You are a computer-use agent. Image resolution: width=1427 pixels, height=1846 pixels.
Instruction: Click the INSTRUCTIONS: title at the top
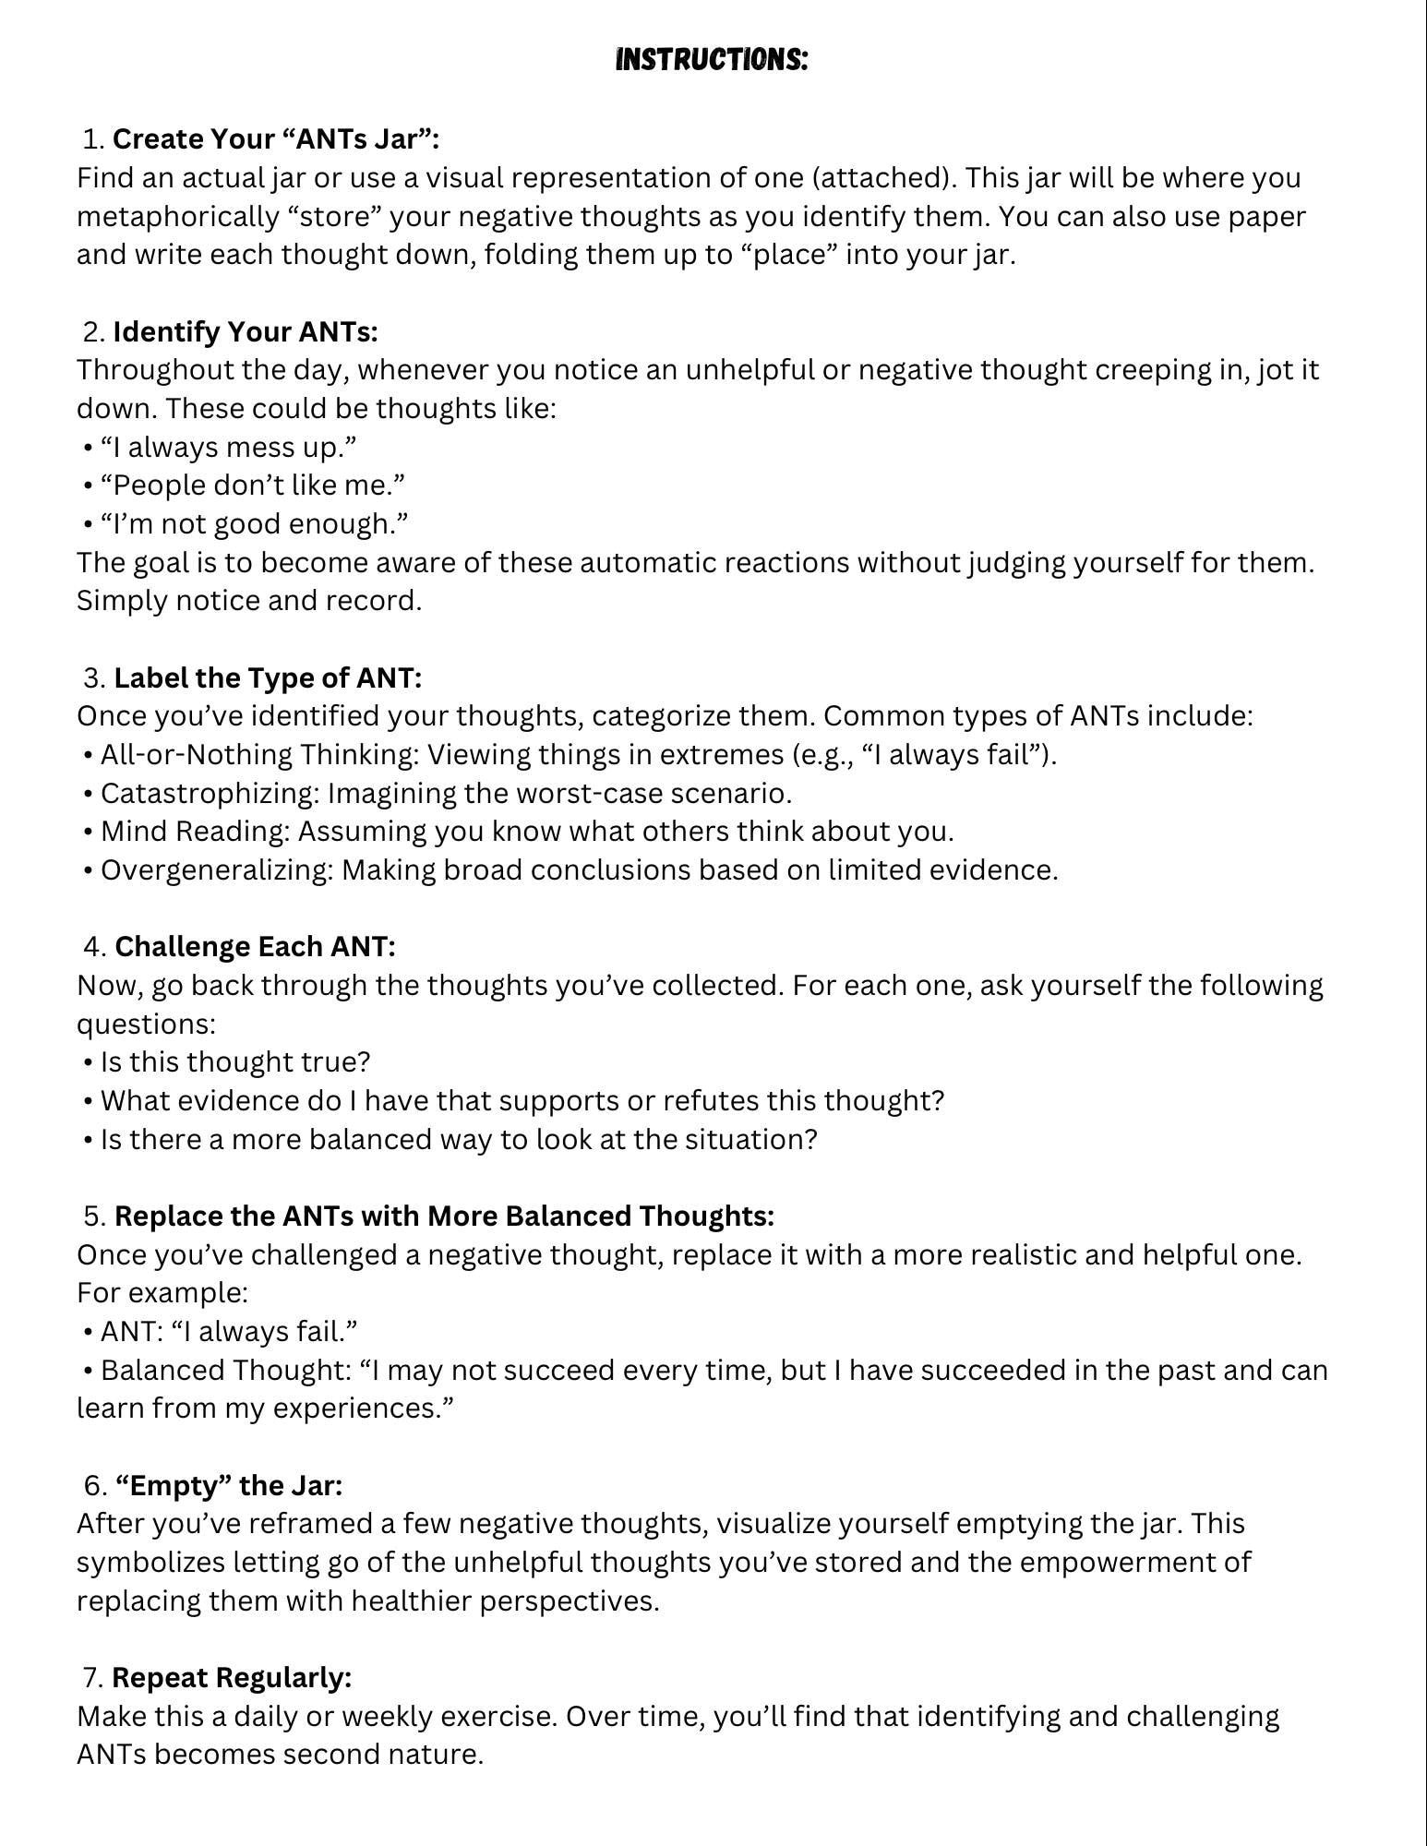pos(712,61)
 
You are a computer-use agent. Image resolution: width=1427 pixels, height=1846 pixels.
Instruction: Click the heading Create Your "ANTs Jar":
pos(275,139)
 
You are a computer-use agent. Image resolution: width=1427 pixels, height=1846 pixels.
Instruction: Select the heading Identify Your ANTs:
pos(245,331)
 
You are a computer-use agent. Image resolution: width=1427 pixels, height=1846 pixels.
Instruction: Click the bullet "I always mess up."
pos(228,447)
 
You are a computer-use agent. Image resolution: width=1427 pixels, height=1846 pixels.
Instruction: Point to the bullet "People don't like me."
pos(252,485)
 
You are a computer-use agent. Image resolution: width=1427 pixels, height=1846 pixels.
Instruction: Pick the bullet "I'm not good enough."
pos(254,524)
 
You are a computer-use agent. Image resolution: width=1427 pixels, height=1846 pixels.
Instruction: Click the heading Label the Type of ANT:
pos(267,678)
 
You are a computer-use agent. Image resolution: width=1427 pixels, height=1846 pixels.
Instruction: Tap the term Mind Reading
pos(194,832)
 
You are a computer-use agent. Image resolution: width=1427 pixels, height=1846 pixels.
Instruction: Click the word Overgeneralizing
pos(216,870)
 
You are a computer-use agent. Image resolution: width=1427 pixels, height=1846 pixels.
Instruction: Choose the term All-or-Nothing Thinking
pos(258,755)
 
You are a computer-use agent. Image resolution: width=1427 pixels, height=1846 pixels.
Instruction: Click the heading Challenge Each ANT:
pos(255,947)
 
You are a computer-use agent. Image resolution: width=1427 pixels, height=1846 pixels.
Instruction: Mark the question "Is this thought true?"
pos(234,1062)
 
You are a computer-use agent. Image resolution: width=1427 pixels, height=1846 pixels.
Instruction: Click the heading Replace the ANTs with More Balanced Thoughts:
pos(444,1217)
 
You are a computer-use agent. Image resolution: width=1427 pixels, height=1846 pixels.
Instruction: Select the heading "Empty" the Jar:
pos(228,1486)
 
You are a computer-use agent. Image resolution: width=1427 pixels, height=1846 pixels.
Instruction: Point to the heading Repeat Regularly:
pos(232,1677)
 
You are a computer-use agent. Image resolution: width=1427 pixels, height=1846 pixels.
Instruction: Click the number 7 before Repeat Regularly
pos(90,1677)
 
